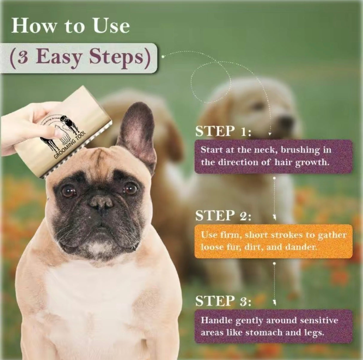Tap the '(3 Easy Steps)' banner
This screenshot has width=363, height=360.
pyautogui.click(x=79, y=57)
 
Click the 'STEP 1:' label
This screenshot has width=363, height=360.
pyautogui.click(x=223, y=131)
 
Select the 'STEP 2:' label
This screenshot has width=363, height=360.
pyautogui.click(x=223, y=216)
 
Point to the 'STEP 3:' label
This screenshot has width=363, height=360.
pyautogui.click(x=223, y=301)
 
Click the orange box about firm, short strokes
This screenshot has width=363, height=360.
pyautogui.click(x=273, y=241)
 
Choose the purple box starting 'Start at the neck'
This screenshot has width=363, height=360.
pyautogui.click(x=273, y=156)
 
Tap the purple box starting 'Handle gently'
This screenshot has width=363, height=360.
pyautogui.click(x=273, y=326)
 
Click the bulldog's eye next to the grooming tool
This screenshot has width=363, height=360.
pyautogui.click(x=68, y=191)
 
